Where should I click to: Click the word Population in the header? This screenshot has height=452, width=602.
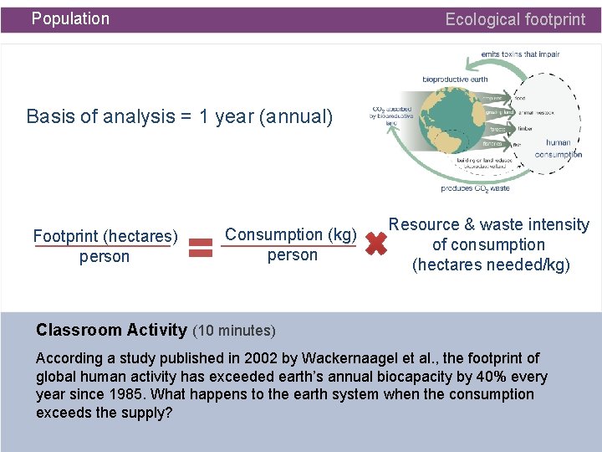[x=70, y=18]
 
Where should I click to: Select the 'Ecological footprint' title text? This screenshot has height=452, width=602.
[x=515, y=19]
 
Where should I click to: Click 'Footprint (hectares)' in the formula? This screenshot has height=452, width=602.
[x=105, y=237]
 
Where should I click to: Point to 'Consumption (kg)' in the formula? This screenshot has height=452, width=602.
[x=292, y=234]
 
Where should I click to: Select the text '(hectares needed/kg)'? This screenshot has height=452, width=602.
[x=491, y=265]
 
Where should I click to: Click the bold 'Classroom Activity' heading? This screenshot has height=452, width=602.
[x=111, y=330]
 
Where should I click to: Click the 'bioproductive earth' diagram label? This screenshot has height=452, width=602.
[x=455, y=80]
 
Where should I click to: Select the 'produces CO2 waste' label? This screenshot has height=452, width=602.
[x=475, y=188]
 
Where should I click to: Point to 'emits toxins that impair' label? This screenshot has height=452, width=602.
[x=520, y=54]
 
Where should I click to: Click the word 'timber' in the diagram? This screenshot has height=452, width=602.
[x=524, y=129]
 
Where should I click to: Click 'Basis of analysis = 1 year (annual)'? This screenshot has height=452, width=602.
[x=180, y=116]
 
